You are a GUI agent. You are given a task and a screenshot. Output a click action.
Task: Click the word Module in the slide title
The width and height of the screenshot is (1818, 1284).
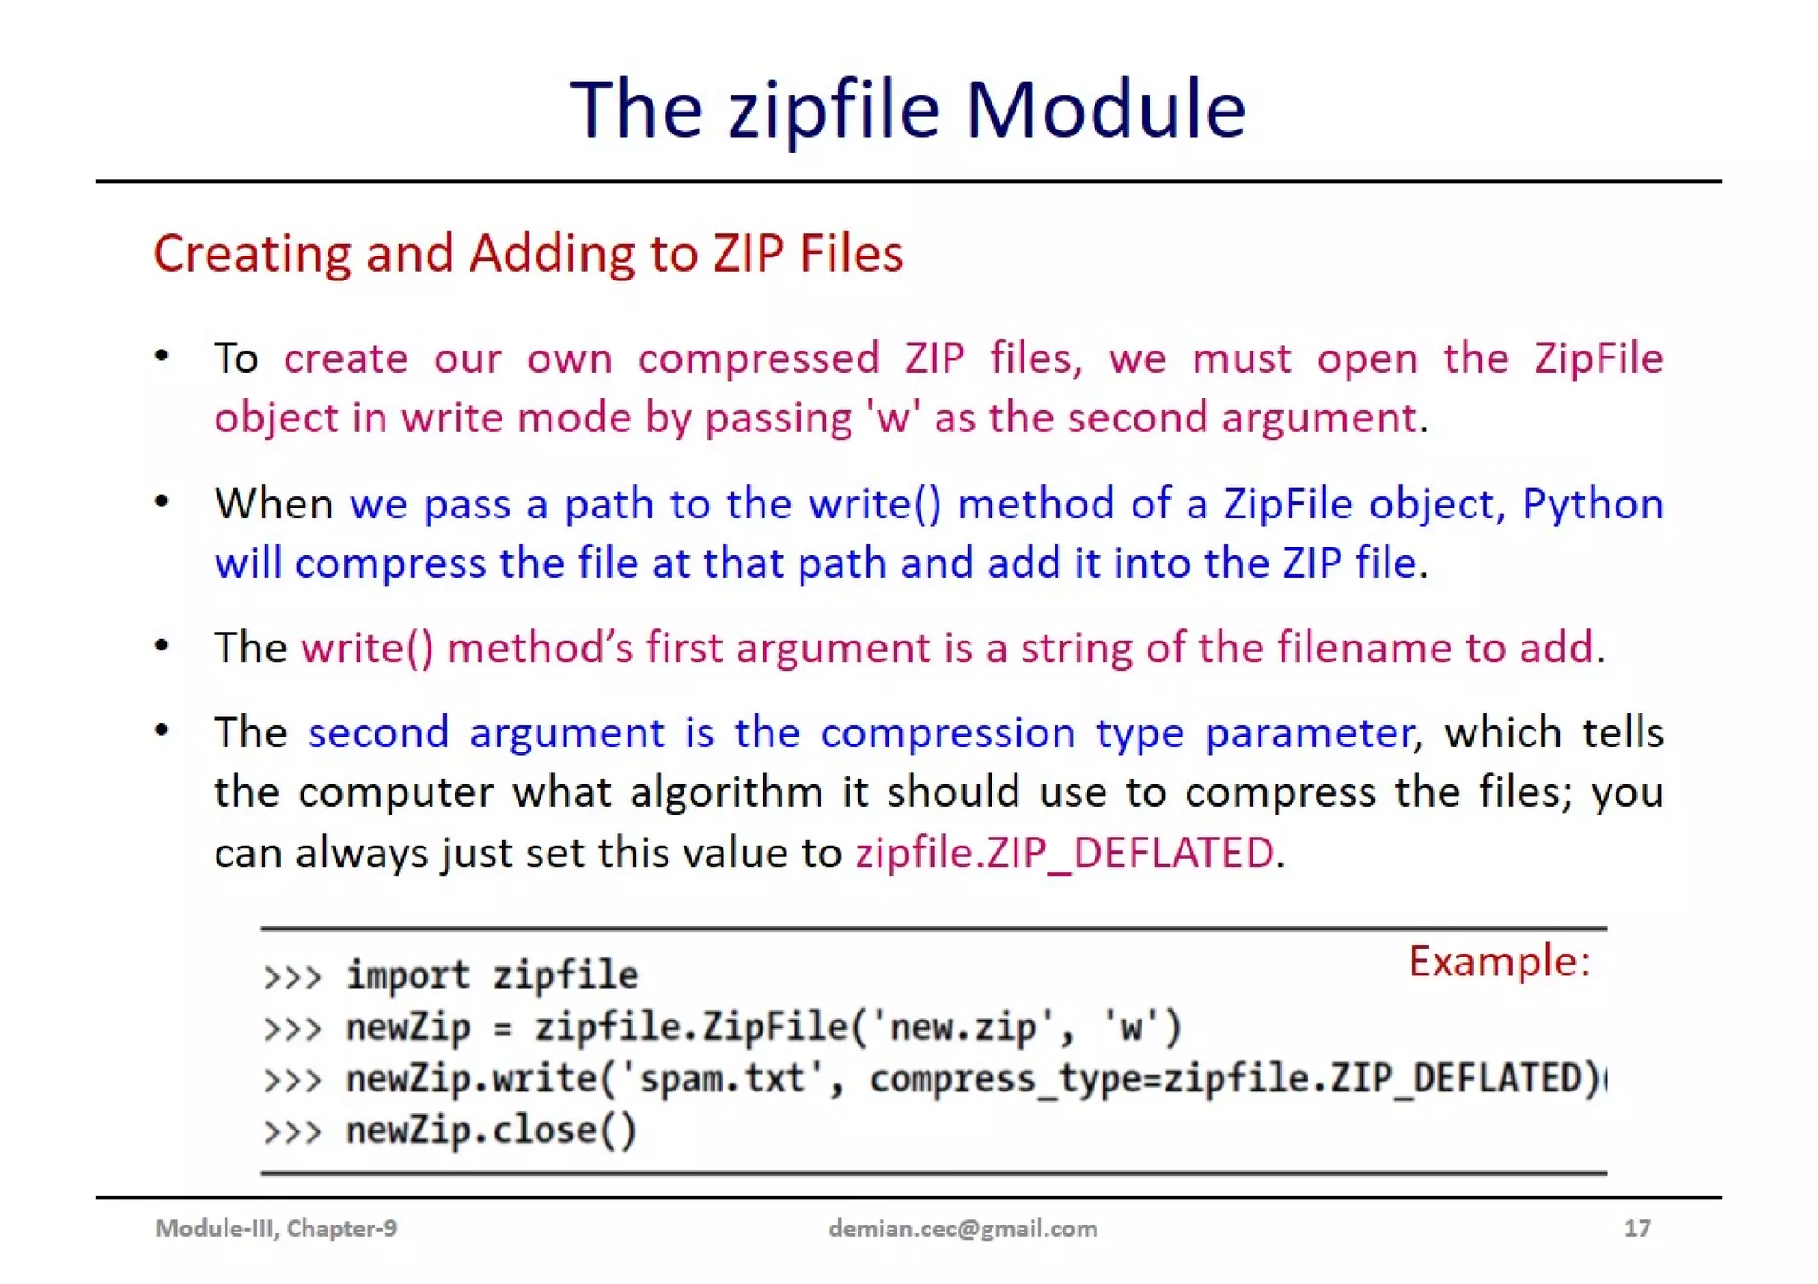(x=1105, y=109)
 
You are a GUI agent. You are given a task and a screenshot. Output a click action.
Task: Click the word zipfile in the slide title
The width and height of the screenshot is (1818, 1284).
(x=834, y=111)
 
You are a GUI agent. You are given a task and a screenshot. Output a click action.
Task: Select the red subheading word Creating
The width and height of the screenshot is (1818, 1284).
(x=252, y=254)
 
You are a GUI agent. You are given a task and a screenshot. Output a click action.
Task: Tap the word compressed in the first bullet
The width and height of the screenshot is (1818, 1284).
(x=758, y=358)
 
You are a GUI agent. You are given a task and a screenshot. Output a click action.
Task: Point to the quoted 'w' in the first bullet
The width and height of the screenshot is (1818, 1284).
(x=893, y=418)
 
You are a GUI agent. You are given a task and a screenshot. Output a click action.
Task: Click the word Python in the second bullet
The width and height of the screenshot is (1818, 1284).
(x=1593, y=504)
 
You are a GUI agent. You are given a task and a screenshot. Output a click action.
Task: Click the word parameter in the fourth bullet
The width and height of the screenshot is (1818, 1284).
(x=1308, y=733)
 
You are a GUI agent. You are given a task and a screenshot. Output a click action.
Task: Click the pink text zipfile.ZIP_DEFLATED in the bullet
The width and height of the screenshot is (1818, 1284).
(x=1064, y=853)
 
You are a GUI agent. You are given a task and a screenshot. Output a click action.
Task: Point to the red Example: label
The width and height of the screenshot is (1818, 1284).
(x=1499, y=961)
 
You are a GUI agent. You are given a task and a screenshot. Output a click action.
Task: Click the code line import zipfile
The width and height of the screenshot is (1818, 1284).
(x=491, y=976)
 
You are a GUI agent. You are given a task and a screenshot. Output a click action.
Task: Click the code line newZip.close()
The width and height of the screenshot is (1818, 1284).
(x=491, y=1130)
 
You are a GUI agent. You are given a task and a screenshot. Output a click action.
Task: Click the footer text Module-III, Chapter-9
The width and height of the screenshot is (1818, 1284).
(x=276, y=1228)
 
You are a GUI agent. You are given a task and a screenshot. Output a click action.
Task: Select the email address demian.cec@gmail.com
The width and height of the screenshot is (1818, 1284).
(x=962, y=1228)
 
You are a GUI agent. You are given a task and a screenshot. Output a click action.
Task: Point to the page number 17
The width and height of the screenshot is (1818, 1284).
(x=1637, y=1228)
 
